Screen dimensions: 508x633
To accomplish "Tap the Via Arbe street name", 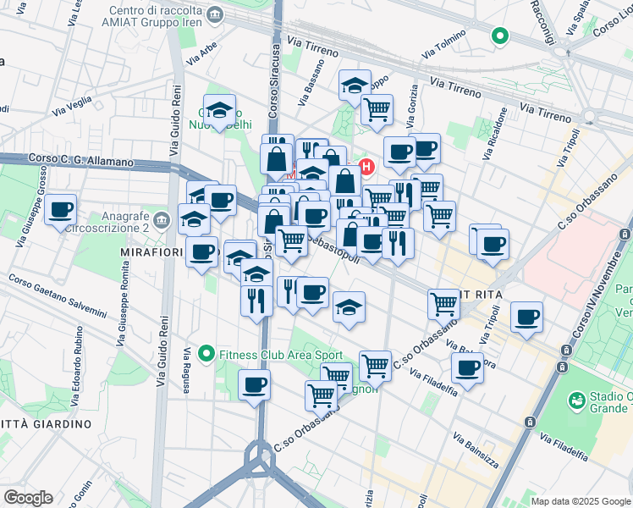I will [x=204, y=55].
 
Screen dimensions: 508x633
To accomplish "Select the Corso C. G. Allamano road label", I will [x=81, y=160].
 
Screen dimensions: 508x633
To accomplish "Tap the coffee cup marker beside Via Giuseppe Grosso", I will [x=60, y=209].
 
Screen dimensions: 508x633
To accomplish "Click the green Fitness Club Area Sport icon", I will [x=206, y=353].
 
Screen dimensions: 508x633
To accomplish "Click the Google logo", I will [x=27, y=498].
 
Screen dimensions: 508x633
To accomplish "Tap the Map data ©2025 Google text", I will [x=581, y=501].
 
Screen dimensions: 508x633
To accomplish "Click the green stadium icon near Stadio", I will [x=577, y=398].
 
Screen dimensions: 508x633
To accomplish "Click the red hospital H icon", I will [x=367, y=167].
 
